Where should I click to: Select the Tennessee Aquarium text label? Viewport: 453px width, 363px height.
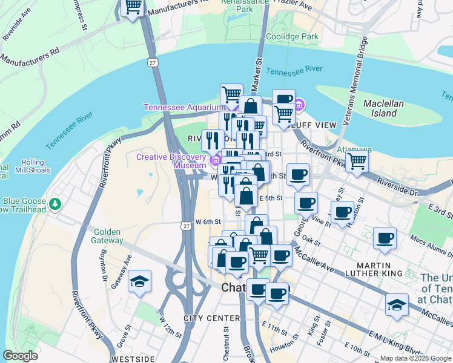180,108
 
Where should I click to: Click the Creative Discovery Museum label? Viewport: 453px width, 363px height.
171,160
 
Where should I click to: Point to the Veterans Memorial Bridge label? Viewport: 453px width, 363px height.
355,82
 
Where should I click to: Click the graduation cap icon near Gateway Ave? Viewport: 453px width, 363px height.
140,281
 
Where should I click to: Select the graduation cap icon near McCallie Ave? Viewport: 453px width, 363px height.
397,305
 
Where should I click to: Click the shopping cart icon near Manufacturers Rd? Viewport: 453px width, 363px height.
133,8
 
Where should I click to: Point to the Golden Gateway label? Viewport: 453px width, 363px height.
108,236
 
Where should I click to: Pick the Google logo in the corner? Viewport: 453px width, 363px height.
21,356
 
